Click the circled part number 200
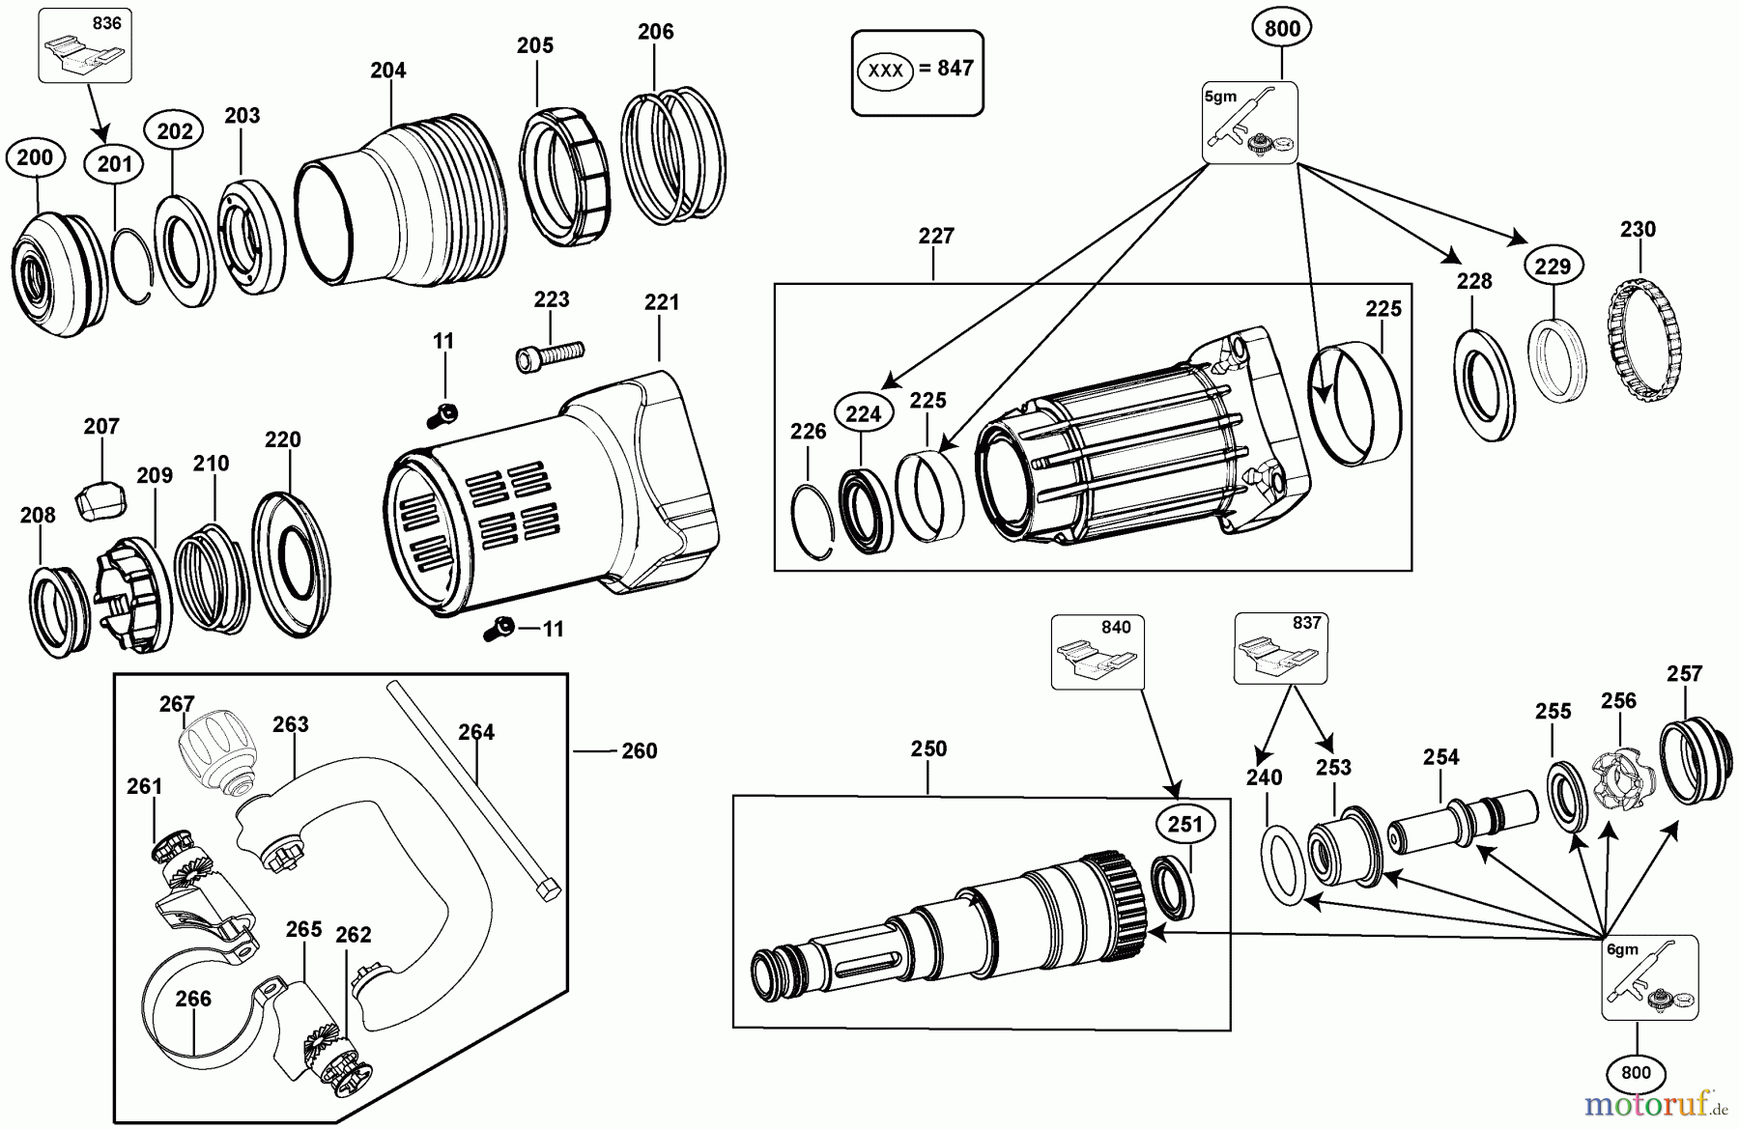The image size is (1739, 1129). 36,157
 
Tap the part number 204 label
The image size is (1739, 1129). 388,71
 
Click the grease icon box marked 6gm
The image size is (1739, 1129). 1650,977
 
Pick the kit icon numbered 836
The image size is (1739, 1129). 84,44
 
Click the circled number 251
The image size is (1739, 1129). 1185,824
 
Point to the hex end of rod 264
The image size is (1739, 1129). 546,889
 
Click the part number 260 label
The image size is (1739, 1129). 639,750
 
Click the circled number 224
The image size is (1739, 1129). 864,414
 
